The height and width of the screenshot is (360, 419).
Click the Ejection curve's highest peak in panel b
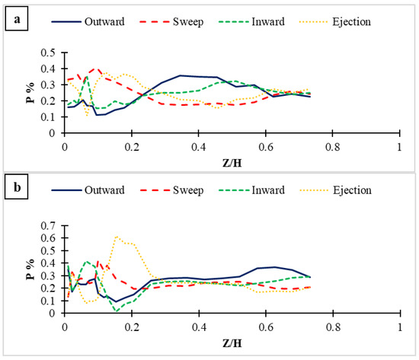[117, 237]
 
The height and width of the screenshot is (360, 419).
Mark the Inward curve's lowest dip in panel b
[117, 311]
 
